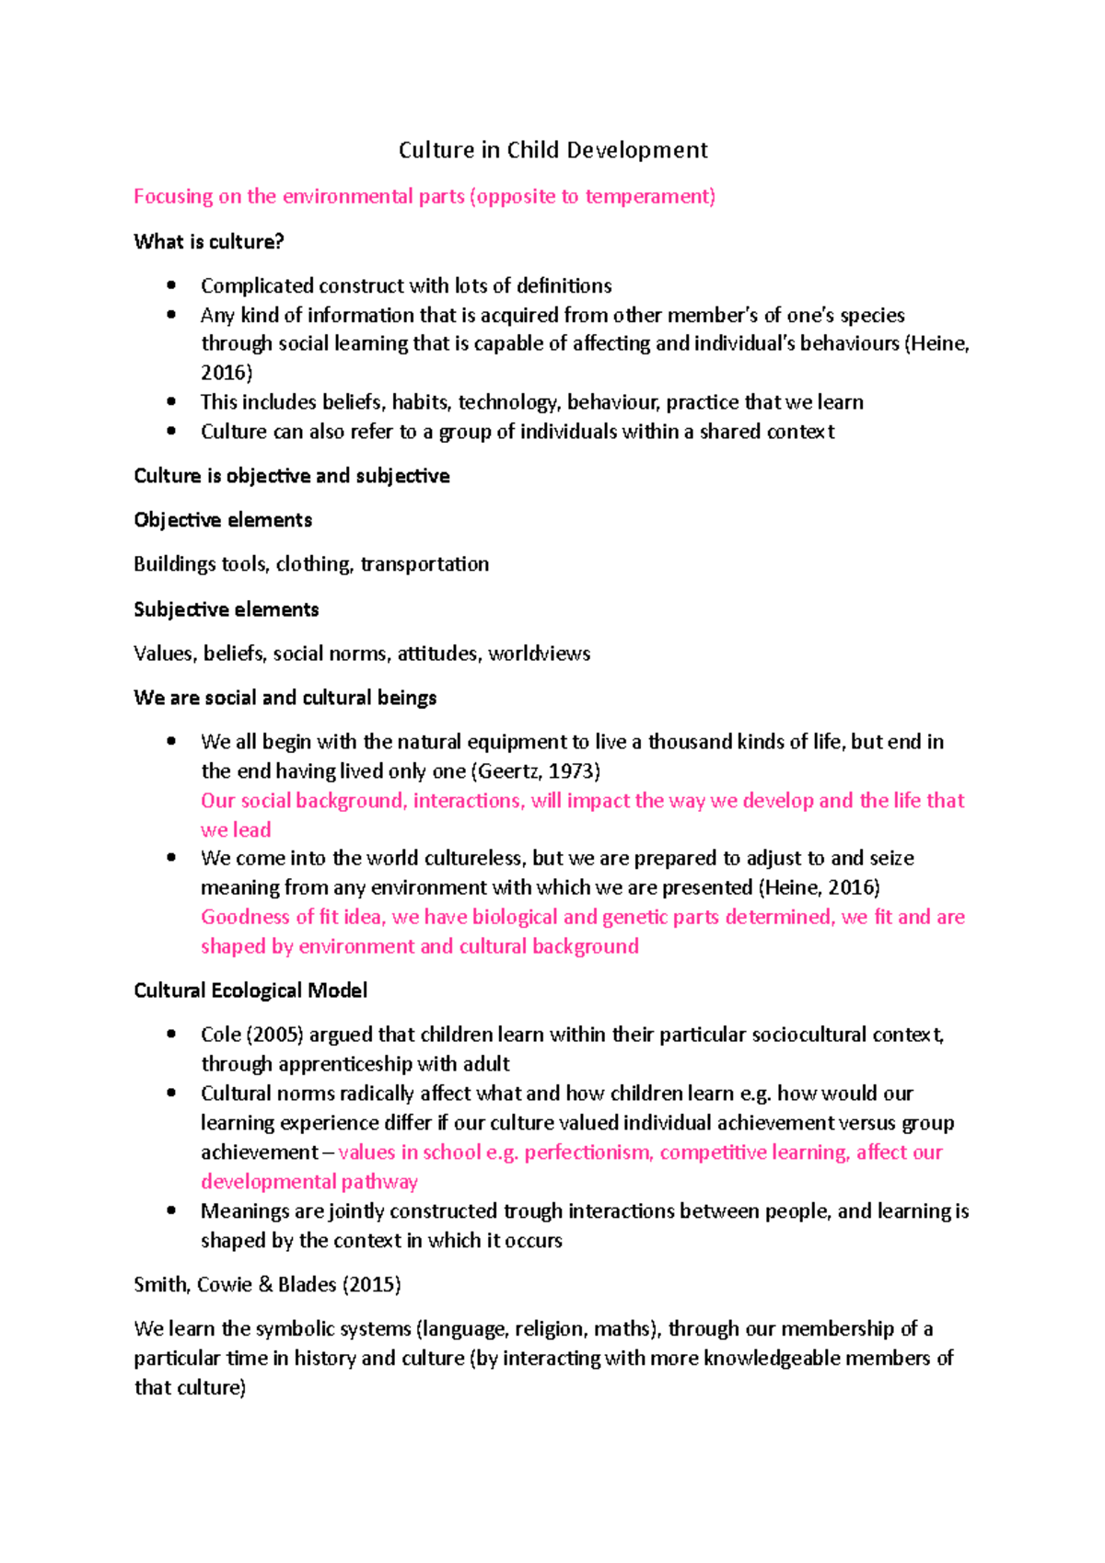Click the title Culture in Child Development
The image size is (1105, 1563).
[552, 150]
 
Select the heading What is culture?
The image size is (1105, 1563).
[209, 242]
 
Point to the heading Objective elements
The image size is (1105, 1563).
[223, 520]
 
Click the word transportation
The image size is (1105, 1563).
[425, 564]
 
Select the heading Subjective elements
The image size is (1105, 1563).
[227, 609]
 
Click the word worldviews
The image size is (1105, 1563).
[540, 654]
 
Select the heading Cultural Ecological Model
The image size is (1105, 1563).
[250, 990]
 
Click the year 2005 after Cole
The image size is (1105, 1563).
[274, 1035]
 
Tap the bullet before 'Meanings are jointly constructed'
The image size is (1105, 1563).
[171, 1211]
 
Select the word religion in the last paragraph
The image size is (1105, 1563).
[549, 1329]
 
